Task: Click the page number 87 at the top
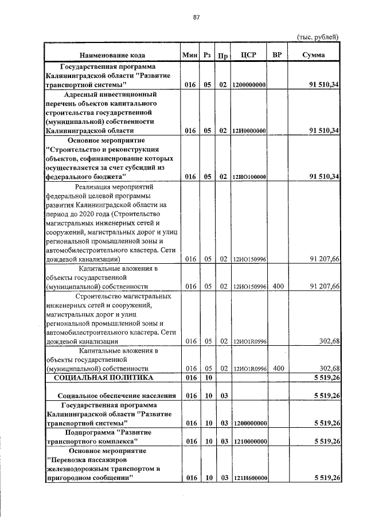pos(196,17)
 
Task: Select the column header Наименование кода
pos(112,55)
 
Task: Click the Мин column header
pos(189,55)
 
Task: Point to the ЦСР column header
pos(248,55)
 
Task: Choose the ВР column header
pos(278,55)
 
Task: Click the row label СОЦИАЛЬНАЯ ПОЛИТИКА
pos(104,378)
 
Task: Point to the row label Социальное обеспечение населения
pos(116,396)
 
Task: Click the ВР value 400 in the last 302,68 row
pos(278,368)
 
